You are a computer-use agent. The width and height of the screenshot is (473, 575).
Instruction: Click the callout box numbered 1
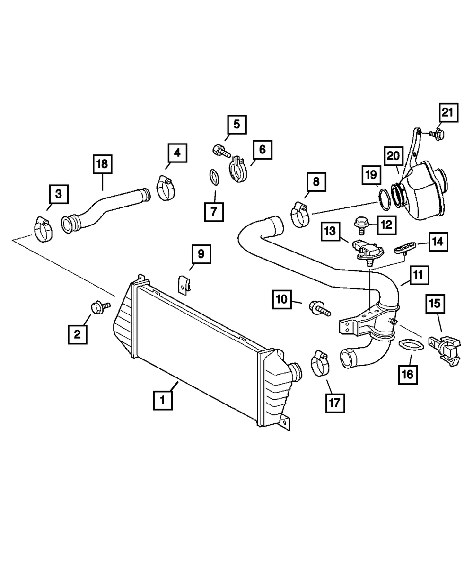[x=163, y=400]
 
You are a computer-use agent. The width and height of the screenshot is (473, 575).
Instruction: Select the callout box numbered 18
[x=103, y=164]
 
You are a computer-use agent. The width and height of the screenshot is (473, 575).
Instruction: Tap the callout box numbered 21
[x=448, y=112]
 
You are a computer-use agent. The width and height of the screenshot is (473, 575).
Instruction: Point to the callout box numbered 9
[x=201, y=254]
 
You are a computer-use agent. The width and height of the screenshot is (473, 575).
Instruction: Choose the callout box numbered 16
[x=408, y=375]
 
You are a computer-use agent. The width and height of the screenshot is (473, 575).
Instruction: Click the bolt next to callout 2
[x=100, y=307]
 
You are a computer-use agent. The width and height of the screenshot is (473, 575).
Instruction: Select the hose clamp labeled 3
[x=43, y=229]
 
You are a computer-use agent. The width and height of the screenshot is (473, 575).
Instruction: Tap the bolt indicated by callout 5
[x=222, y=151]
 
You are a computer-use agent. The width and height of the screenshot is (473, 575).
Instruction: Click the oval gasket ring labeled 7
[x=214, y=178]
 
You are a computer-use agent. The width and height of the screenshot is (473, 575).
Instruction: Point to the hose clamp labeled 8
[x=300, y=215]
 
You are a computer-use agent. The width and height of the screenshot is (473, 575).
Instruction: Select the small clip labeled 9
[x=183, y=285]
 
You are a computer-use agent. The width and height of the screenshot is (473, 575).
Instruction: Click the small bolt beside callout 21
[x=437, y=134]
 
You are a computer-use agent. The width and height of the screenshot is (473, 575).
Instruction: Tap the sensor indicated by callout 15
[x=445, y=350]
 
